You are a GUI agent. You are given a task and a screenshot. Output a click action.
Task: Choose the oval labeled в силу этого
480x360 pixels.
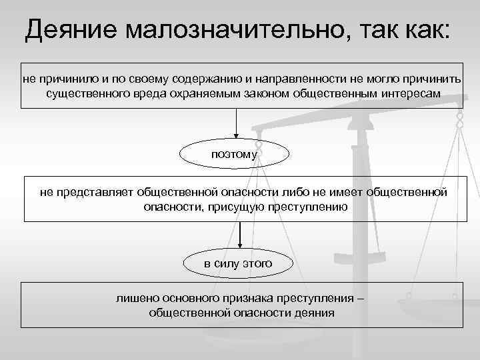pyautogui.click(x=238, y=263)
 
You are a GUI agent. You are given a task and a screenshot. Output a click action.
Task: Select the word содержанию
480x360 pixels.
pyautogui.click(x=203, y=79)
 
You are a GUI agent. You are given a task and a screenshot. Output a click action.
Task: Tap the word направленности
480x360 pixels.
pyautogui.click(x=295, y=79)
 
